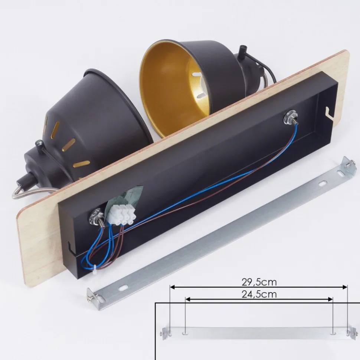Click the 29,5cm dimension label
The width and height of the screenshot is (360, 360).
(x=259, y=282)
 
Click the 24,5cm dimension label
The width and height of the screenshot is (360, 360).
(x=259, y=294)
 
